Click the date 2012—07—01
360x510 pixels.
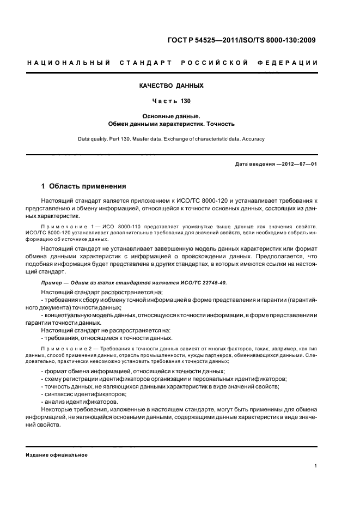coord(298,164)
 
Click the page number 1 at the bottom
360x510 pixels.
coord(316,465)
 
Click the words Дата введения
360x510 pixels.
coord(254,164)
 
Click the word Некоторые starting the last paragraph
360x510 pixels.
coord(59,409)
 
